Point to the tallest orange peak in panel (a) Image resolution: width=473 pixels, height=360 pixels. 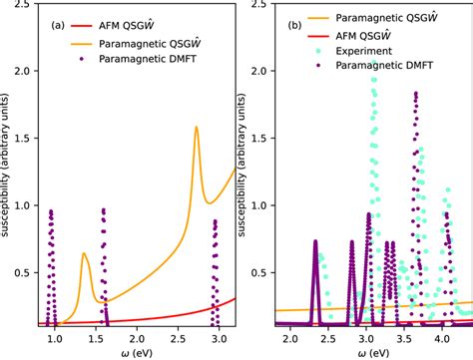coord(196,128)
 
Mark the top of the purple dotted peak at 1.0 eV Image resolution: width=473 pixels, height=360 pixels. coord(51,211)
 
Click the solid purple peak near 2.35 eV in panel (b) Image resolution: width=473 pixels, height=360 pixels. coord(315,241)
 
